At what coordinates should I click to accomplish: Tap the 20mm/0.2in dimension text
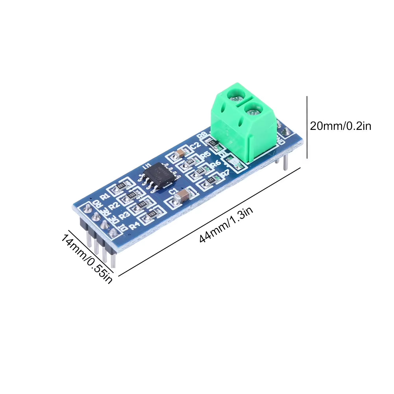click(x=340, y=126)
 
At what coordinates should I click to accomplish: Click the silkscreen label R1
click(x=105, y=196)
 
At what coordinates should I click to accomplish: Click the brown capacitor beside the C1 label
click(x=183, y=196)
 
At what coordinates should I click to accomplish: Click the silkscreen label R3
click(x=124, y=216)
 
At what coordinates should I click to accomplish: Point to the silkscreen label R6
click(x=216, y=163)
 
